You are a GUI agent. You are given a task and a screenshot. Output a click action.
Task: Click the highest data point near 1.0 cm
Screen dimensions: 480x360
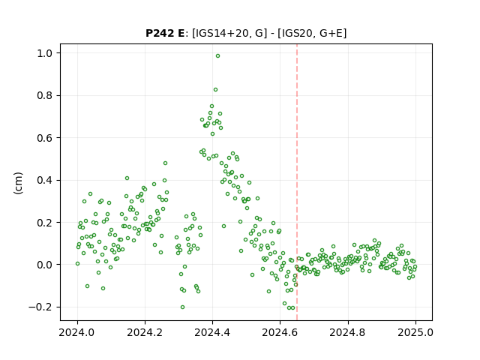coord(217,56)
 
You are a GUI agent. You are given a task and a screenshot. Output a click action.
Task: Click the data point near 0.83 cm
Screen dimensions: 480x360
coord(215,90)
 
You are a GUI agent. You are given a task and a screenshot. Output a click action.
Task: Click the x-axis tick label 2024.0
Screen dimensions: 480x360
coord(77,332)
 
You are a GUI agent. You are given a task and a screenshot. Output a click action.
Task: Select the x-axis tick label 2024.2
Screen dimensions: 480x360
coord(145,332)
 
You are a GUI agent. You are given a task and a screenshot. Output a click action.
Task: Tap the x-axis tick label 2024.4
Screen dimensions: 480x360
coord(212,332)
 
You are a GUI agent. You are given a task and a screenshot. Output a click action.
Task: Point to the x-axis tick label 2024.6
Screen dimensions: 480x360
coord(280,332)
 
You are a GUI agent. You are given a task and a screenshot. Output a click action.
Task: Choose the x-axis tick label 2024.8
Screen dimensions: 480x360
coord(347,332)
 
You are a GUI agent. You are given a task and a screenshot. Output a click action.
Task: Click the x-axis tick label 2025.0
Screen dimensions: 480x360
coord(415,332)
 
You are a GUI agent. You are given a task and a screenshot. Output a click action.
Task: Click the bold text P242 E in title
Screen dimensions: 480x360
coord(165,33)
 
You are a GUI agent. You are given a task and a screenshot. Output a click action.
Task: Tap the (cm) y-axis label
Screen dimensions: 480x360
coord(18,183)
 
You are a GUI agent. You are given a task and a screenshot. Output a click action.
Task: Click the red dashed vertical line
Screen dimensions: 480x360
coord(297,182)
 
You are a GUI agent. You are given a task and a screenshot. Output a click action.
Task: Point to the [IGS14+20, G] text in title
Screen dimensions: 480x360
coord(227,33)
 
